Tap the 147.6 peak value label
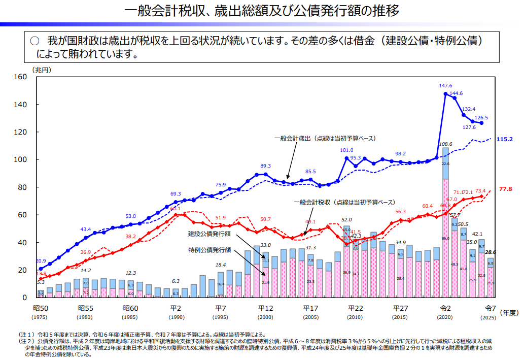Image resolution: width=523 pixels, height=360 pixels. (x=445, y=86)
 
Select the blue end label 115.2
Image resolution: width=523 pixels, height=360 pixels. (x=505, y=139)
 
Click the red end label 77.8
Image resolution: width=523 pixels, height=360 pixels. (x=506, y=189)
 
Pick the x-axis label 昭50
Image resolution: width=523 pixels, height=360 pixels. (x=41, y=308)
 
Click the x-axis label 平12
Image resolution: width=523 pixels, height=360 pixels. (x=265, y=308)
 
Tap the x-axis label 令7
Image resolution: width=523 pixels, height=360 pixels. (x=490, y=308)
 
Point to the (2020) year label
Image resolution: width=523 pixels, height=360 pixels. (x=445, y=317)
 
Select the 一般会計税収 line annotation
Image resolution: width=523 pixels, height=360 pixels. (x=344, y=202)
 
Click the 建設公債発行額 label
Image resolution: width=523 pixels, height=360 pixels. (x=210, y=234)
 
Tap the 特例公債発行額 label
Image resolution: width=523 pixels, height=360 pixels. (x=210, y=250)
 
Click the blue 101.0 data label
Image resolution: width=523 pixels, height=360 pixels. (x=346, y=150)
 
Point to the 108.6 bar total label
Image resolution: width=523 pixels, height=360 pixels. (x=445, y=144)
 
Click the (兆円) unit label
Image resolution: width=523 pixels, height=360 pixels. (x=42, y=70)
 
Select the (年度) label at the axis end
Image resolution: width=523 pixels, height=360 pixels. (x=510, y=313)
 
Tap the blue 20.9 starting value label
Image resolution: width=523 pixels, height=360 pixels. (x=41, y=261)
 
